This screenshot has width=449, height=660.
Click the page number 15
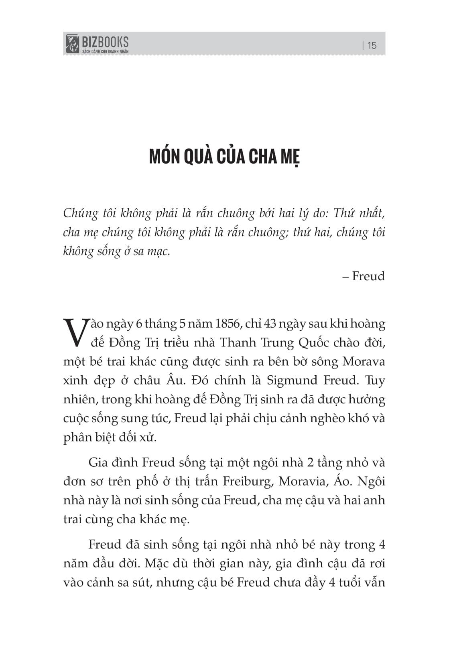(372, 45)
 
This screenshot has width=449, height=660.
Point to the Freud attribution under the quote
(368, 276)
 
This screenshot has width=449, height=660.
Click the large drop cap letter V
(75, 332)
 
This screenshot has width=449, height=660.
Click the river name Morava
(364, 361)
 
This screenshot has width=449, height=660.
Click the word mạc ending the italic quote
(159, 252)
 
